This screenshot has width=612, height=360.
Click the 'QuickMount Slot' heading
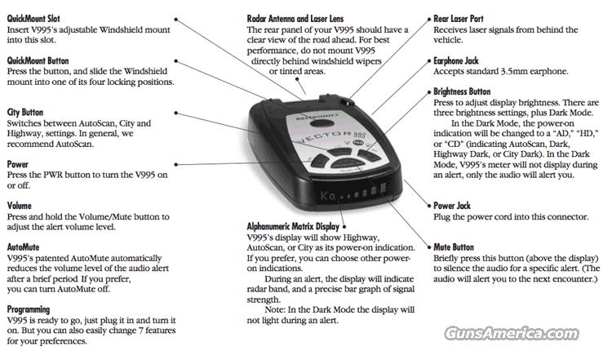(x=33, y=18)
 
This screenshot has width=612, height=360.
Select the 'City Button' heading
(x=25, y=113)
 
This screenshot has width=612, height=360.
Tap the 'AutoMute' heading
(x=23, y=247)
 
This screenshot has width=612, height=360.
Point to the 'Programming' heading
(x=29, y=309)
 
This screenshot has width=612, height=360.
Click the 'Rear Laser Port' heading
(x=459, y=18)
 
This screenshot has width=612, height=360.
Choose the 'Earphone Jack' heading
(x=456, y=60)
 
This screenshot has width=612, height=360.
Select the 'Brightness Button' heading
(x=462, y=91)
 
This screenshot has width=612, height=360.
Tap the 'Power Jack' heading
(x=452, y=206)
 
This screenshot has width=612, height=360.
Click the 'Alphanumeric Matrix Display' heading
(x=293, y=226)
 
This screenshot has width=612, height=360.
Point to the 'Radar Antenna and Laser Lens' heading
(x=295, y=18)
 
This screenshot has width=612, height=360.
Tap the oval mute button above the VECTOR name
(x=322, y=123)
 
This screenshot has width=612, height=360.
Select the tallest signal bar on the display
(x=384, y=188)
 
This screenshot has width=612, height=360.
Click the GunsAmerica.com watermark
(x=512, y=333)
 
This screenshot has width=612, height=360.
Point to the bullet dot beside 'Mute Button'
(x=429, y=247)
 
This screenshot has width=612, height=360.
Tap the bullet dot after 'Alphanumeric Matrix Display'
(x=344, y=226)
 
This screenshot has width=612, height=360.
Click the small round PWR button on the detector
(x=358, y=143)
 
